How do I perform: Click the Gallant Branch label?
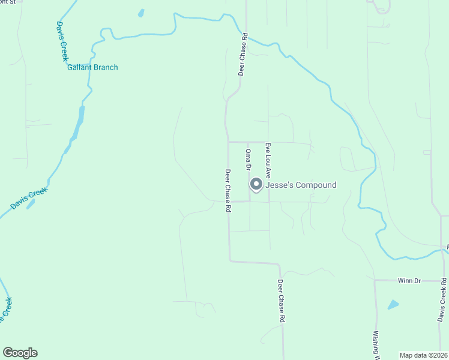point(92,67)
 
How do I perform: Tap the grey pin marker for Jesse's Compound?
point(256,185)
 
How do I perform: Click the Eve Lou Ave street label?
point(268,160)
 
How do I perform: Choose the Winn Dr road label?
point(411,280)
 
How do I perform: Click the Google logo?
point(20,353)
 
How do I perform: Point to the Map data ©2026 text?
point(423,355)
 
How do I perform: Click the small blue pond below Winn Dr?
point(393,304)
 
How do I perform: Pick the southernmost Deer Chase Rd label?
point(281,301)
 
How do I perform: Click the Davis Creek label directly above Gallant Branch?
point(62,41)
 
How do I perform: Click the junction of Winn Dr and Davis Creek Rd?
point(443,280)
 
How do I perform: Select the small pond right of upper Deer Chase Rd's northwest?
point(141,13)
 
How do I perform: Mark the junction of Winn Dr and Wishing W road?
point(375,280)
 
